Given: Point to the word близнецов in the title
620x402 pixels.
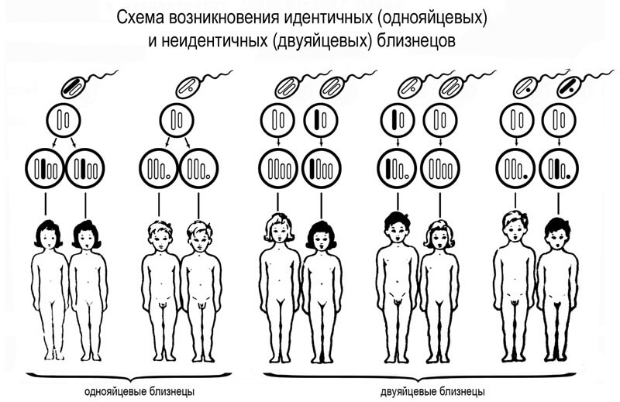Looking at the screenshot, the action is pyautogui.click(x=415, y=40).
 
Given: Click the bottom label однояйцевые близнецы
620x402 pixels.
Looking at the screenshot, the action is pyautogui.click(x=139, y=392).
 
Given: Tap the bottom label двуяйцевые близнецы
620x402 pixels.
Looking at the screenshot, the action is pyautogui.click(x=433, y=392).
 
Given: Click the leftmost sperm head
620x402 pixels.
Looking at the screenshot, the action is pyautogui.click(x=74, y=87).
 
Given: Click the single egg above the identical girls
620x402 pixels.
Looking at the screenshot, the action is pyautogui.click(x=64, y=120).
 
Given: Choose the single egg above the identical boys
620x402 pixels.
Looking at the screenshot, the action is pyautogui.click(x=177, y=120).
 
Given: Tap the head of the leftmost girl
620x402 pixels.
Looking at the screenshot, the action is pyautogui.click(x=48, y=235).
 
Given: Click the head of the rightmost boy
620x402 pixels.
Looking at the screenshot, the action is pyautogui.click(x=557, y=234).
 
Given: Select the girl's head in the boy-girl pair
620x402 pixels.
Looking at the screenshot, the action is pyautogui.click(x=439, y=235).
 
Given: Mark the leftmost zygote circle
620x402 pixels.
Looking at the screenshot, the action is pyautogui.click(x=45, y=168).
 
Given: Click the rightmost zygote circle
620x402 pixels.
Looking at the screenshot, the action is pyautogui.click(x=559, y=168).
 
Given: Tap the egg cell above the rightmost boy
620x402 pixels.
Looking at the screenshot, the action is pyautogui.click(x=559, y=120).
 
